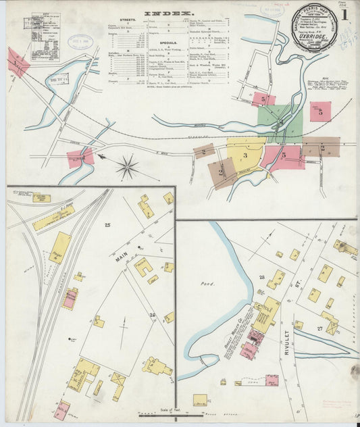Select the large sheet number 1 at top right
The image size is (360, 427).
coord(345,14)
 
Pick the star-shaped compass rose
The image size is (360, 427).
coord(127,166)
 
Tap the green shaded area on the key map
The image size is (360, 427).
coord(279,122)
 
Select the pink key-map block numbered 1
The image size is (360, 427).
coord(16,64)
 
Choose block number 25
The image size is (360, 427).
coord(107,224)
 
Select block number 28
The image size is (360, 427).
coord(261,278)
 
